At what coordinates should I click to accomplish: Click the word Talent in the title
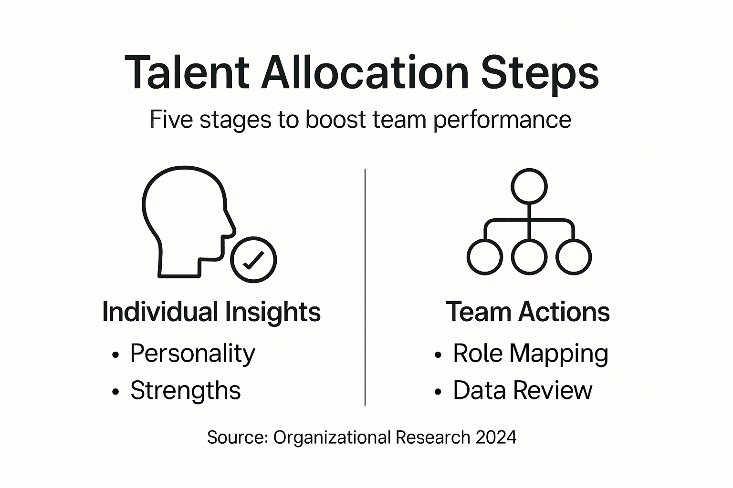point(187,72)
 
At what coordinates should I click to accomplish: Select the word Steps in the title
point(539,74)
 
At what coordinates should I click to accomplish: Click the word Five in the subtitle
point(172,119)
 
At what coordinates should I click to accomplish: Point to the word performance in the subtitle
point(502,120)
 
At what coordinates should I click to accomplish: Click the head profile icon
point(186,219)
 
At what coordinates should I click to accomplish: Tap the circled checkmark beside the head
point(253,260)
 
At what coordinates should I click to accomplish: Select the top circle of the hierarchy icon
point(529,186)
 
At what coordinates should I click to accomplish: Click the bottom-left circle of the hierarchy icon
point(484,257)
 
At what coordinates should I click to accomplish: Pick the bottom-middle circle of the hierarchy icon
point(529,257)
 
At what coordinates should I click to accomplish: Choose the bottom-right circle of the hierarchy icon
point(574,257)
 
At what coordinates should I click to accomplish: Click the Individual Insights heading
point(211,312)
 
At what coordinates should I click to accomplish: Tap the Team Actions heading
point(528,312)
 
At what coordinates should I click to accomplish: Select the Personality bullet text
point(193,354)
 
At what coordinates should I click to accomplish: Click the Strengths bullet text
point(186,391)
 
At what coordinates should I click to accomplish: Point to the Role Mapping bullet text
point(531,354)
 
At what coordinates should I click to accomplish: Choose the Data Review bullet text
point(523,390)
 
